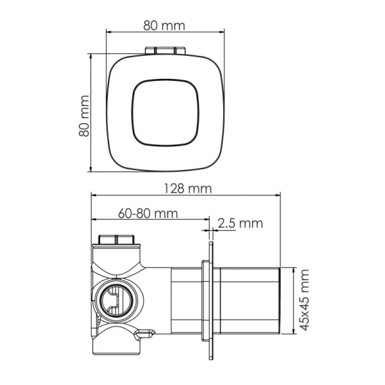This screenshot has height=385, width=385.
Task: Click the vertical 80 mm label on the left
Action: click(x=82, y=113)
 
